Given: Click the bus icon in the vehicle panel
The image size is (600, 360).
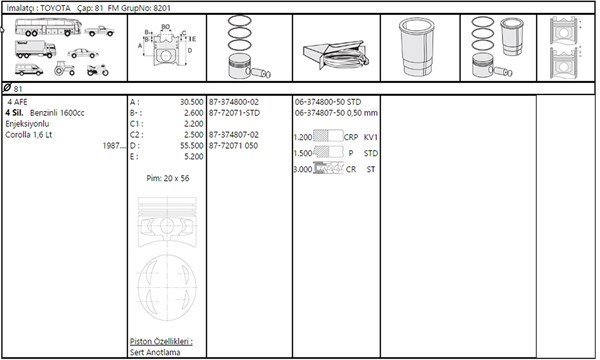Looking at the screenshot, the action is coord(48,27).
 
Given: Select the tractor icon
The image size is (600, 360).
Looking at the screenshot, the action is coord(64,68).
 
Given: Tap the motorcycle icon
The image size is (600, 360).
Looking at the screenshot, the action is coord(98,70).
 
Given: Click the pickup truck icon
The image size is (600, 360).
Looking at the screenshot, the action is coord(99,31).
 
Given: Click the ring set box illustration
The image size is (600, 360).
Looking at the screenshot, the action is coord(336,55).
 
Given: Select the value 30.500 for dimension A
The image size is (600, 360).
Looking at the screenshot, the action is coord(192,102).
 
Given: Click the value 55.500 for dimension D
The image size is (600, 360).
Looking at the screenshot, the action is coord(192,146).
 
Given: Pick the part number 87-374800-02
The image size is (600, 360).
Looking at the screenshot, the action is coord(234,102).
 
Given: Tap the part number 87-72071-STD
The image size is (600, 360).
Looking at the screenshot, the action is coord(234,113).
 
